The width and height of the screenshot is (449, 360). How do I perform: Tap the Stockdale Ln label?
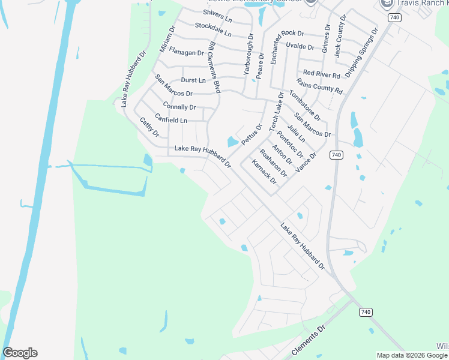pos(213,27)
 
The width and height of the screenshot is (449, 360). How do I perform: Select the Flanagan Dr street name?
pos(187,53)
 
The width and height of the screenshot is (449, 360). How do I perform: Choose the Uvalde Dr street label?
pos(300,46)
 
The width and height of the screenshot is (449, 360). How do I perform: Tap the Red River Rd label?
pos(322,74)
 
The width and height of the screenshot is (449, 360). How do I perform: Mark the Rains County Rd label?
pos(319,86)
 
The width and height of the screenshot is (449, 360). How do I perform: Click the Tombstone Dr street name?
pos(304,104)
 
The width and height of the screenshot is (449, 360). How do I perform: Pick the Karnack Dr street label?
pos(264,172)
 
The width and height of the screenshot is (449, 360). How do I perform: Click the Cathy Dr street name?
pos(149,127)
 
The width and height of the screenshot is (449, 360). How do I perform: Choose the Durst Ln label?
pos(193,80)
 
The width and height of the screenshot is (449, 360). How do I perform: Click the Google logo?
pos(20,353)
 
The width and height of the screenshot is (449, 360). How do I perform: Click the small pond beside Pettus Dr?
pos(232,142)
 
